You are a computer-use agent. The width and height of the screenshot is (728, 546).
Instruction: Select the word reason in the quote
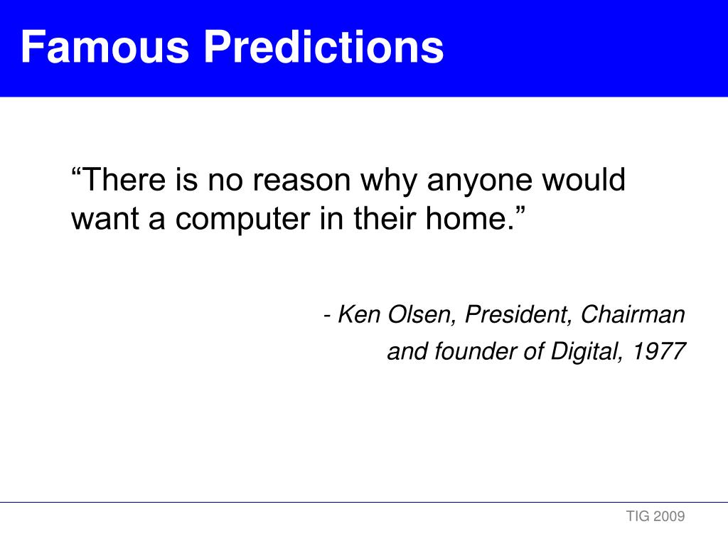point(301,181)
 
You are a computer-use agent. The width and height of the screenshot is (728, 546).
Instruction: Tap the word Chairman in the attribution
point(633,314)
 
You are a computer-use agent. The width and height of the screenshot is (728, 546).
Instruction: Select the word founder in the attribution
point(475,351)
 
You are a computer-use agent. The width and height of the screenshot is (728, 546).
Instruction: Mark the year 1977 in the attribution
point(659,351)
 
